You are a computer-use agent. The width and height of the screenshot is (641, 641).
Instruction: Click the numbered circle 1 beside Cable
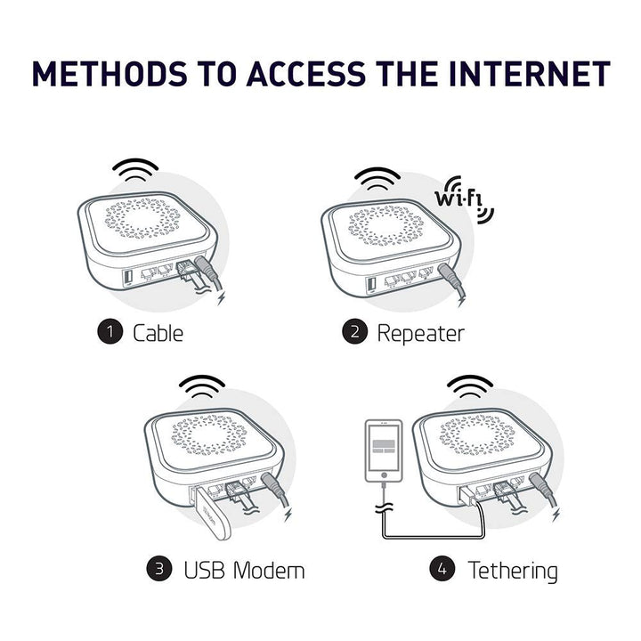point(109,333)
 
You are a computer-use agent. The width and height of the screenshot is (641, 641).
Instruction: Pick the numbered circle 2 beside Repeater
point(354,333)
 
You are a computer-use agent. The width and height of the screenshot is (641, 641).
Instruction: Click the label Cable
point(158,333)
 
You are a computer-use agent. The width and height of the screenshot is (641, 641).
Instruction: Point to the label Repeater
point(420,333)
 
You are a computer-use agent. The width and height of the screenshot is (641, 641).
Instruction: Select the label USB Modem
point(243,568)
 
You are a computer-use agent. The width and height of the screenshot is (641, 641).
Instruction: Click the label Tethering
point(513,568)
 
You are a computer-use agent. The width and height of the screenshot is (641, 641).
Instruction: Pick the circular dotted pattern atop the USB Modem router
point(207,433)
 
